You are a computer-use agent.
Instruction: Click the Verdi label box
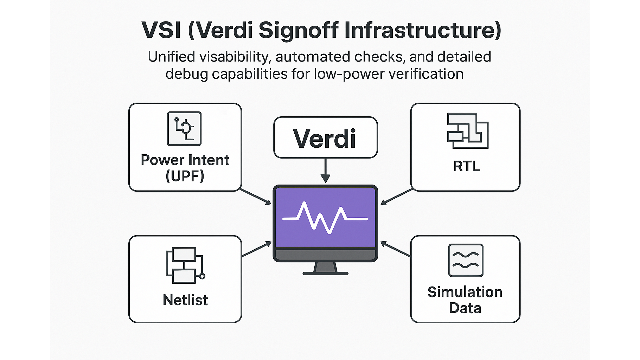[325, 138]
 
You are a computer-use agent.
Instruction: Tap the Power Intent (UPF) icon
[184, 129]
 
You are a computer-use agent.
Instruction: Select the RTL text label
[467, 166]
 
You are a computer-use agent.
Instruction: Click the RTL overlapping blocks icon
[468, 131]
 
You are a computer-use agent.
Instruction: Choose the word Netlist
[185, 300]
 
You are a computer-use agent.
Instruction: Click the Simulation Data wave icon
[466, 261]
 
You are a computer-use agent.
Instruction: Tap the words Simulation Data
[465, 300]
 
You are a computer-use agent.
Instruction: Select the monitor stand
[326, 269]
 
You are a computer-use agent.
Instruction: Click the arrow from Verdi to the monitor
[325, 171]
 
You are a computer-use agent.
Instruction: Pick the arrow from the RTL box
[396, 197]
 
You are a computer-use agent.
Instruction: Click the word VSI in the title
[161, 30]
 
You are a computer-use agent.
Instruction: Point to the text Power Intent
[185, 160]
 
